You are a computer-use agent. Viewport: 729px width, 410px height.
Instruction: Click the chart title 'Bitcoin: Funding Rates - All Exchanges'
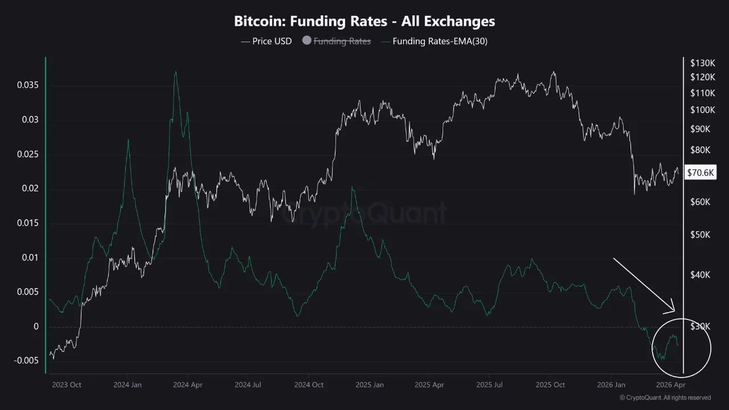coord(364,22)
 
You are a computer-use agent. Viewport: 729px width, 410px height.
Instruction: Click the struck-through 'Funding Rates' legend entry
coord(342,41)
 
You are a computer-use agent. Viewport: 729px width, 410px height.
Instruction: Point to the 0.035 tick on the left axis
coord(27,85)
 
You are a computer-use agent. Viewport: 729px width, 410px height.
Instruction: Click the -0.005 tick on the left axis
coord(26,361)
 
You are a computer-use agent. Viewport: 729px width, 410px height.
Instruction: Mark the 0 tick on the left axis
coord(36,327)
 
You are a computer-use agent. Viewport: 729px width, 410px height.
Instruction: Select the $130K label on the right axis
coord(702,63)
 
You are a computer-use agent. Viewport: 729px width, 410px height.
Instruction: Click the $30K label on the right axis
coord(700,327)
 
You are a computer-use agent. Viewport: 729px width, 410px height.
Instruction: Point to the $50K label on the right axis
coord(700,235)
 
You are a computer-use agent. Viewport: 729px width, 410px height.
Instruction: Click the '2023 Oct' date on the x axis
coord(67,385)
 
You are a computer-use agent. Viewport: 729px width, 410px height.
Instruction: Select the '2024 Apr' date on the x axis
coord(187,385)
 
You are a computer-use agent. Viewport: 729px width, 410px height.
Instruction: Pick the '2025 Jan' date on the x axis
coord(368,385)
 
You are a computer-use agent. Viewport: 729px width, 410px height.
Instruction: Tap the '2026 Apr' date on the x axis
coord(670,385)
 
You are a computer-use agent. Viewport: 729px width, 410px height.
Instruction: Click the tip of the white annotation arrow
coord(674,311)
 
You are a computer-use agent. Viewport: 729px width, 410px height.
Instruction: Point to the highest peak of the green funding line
coord(175,72)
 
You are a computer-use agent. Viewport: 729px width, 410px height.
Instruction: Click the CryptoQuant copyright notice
coord(665,397)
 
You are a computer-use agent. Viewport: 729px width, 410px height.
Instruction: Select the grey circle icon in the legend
coord(307,41)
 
